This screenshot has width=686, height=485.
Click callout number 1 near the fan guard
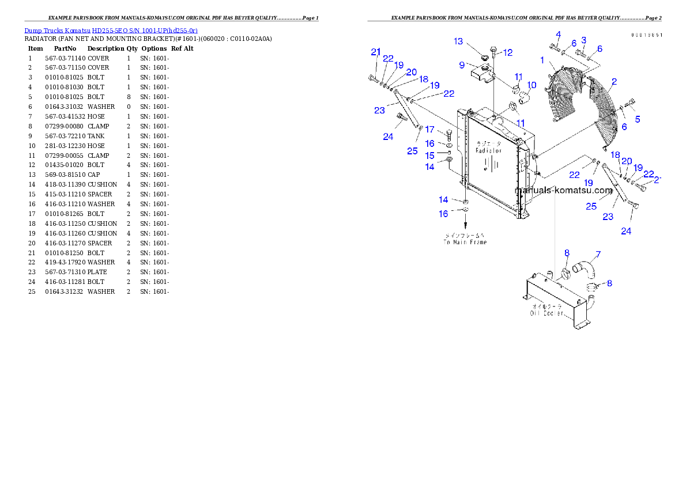click(542, 60)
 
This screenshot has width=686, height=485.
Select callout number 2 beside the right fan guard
click(614, 82)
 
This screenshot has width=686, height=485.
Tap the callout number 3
click(583, 40)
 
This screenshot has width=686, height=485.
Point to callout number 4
click(557, 34)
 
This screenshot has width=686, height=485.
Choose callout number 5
click(638, 119)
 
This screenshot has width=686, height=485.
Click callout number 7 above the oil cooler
click(598, 254)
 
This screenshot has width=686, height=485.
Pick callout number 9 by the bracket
click(462, 65)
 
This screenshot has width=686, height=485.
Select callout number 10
click(532, 85)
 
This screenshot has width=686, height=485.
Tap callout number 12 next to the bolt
click(507, 52)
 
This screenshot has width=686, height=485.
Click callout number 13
click(458, 41)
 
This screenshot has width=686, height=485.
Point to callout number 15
click(430, 156)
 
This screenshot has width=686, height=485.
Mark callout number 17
click(430, 130)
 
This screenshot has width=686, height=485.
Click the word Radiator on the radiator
click(488, 150)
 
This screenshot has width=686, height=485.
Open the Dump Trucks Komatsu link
click(111, 30)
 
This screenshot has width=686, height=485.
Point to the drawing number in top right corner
click(646, 35)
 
